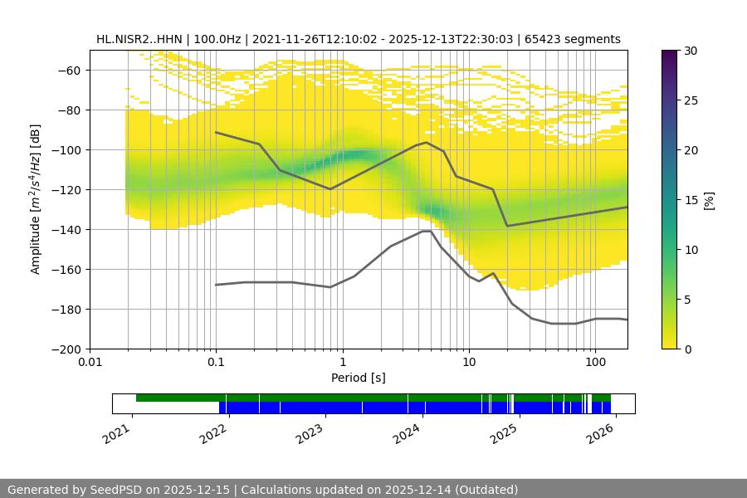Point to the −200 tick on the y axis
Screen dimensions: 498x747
pos(68,349)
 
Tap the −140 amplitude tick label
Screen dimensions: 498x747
pos(68,229)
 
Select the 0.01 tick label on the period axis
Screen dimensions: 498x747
pos(90,363)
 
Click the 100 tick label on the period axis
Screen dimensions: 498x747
pos(594,363)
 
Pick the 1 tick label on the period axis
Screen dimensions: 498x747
pos(342,363)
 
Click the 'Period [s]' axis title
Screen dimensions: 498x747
pos(358,378)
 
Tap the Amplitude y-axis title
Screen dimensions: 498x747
pos(36,199)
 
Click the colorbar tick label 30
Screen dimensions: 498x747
pos(691,51)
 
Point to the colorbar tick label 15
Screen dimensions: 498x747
pos(691,200)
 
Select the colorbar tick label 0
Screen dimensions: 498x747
pos(688,349)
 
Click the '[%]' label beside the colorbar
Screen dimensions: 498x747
pos(709,199)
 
